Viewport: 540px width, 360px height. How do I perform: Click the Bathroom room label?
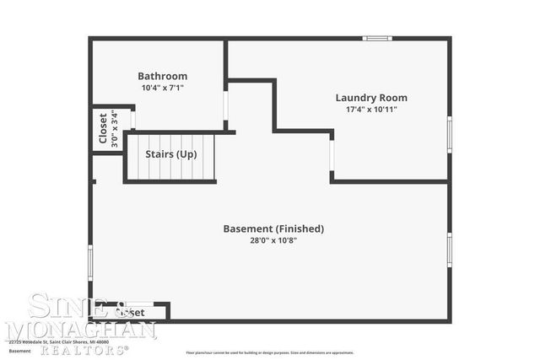tap(163, 76)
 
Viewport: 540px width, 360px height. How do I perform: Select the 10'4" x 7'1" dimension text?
tap(163, 88)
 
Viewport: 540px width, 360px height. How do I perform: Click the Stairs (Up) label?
tap(171, 154)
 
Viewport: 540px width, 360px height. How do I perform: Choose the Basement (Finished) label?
tap(273, 228)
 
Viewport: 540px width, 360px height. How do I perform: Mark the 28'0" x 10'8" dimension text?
tap(273, 240)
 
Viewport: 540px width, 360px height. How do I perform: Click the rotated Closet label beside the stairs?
tap(103, 129)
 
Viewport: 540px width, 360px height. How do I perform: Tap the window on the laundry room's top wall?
tap(377, 38)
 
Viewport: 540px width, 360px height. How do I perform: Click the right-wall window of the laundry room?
tap(449, 134)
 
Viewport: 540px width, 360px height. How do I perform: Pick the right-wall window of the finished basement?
tap(449, 250)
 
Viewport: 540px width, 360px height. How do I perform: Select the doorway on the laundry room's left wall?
tap(332, 156)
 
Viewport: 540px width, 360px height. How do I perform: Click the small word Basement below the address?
tap(19, 351)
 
